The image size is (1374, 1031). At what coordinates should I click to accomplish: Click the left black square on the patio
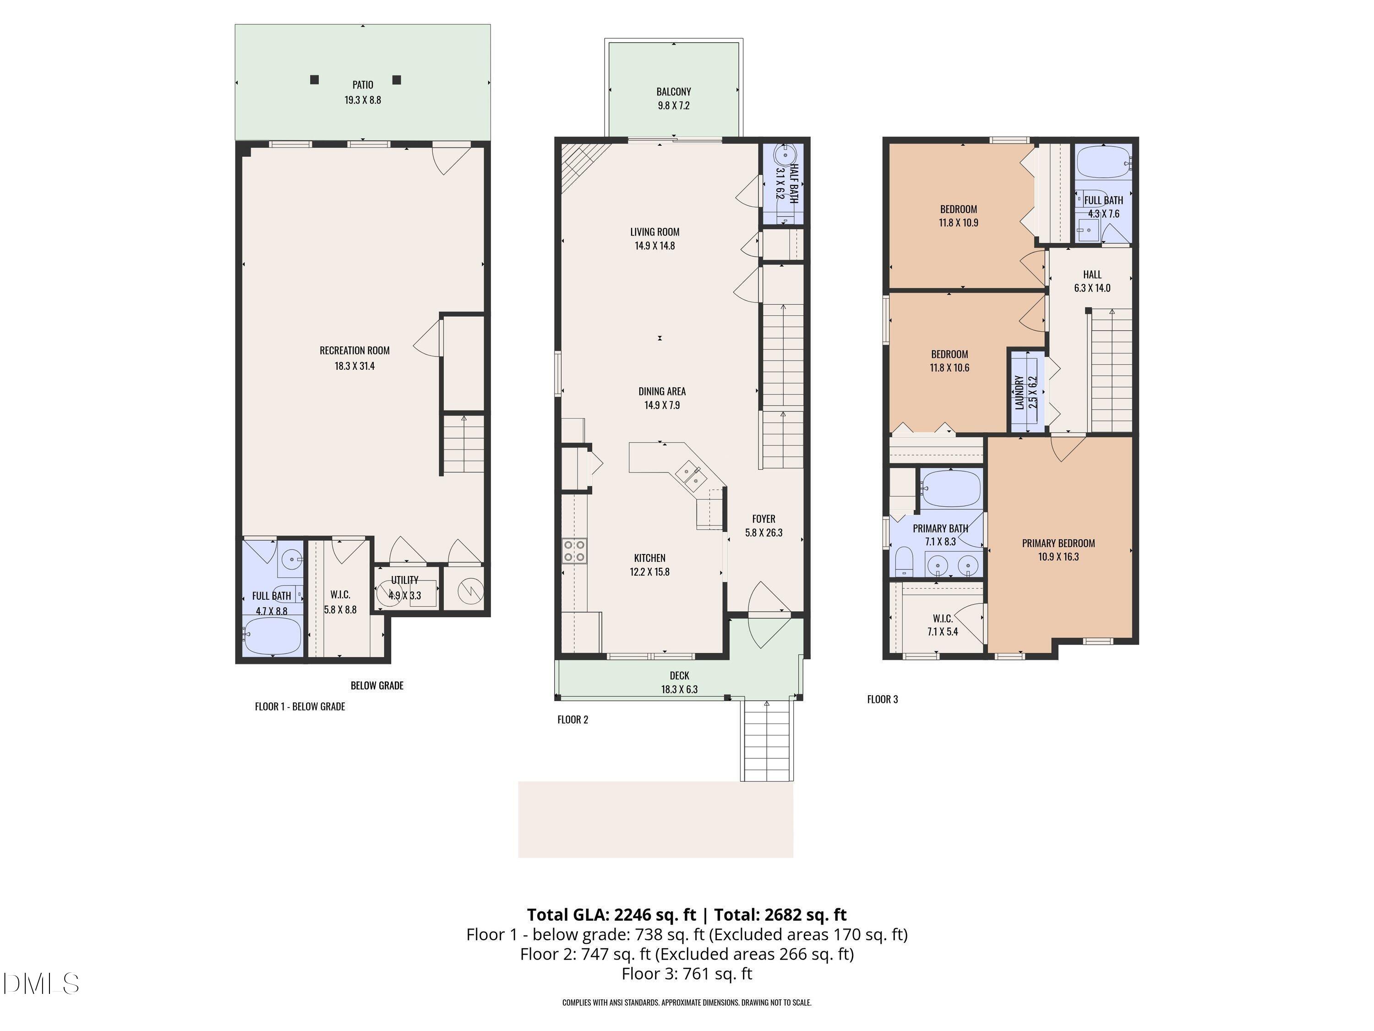314,80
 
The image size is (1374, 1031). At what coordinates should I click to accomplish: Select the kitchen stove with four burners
575,551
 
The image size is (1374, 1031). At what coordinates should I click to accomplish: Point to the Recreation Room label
354,357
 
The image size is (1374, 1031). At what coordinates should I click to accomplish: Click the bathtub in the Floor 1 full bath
272,635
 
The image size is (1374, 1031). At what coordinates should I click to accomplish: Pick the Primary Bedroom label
1058,549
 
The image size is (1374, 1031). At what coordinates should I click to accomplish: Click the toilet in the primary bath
903,561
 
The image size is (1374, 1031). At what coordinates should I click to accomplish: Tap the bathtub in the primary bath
950,488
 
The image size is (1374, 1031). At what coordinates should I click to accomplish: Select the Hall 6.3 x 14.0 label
1092,281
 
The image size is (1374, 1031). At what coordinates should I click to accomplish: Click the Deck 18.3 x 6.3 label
679,682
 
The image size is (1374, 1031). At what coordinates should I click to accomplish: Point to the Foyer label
763,525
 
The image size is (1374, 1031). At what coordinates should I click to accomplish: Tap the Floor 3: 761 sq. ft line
687,974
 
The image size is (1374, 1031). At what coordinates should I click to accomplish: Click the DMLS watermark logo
41,984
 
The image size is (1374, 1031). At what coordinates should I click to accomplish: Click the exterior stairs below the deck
767,740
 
